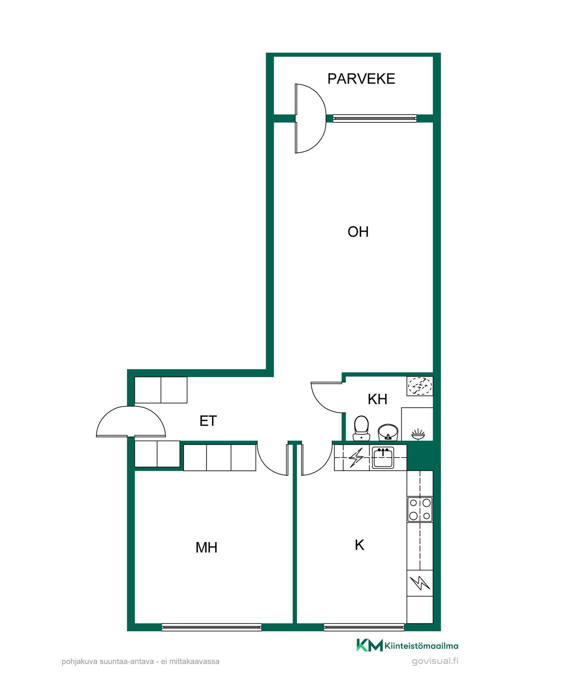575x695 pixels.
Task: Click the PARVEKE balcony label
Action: (361, 79)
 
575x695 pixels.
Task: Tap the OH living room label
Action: (358, 232)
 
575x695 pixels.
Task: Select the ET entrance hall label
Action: (208, 421)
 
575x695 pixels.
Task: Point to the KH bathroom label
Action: (378, 399)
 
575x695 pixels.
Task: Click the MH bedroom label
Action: (206, 548)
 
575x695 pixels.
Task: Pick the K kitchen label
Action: (359, 545)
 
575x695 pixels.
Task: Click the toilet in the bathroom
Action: (361, 428)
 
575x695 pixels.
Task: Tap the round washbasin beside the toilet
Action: (387, 432)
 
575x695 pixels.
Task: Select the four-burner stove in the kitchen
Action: (420, 509)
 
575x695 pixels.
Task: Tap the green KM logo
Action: (369, 645)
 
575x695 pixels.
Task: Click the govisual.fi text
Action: (435, 661)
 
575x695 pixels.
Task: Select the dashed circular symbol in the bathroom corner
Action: (420, 386)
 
